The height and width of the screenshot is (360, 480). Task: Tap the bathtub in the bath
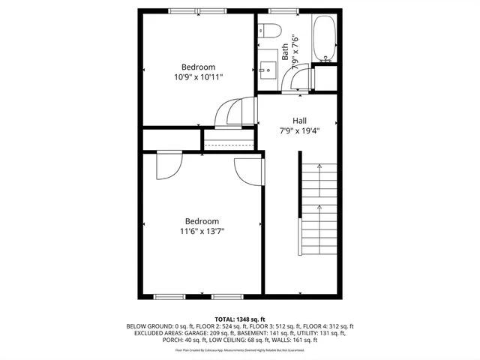324,38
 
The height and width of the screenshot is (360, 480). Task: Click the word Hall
299,120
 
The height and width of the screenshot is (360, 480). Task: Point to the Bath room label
285,52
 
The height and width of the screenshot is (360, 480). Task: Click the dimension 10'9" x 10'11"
198,76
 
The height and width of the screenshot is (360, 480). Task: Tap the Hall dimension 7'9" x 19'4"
299,130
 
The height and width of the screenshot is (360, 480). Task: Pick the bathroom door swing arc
298,77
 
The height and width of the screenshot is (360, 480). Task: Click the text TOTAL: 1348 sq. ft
239,319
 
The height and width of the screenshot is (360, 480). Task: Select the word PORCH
173,340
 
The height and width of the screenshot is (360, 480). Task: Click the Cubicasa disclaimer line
239,349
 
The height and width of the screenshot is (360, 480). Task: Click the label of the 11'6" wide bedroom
202,221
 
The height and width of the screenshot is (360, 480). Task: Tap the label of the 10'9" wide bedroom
198,67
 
